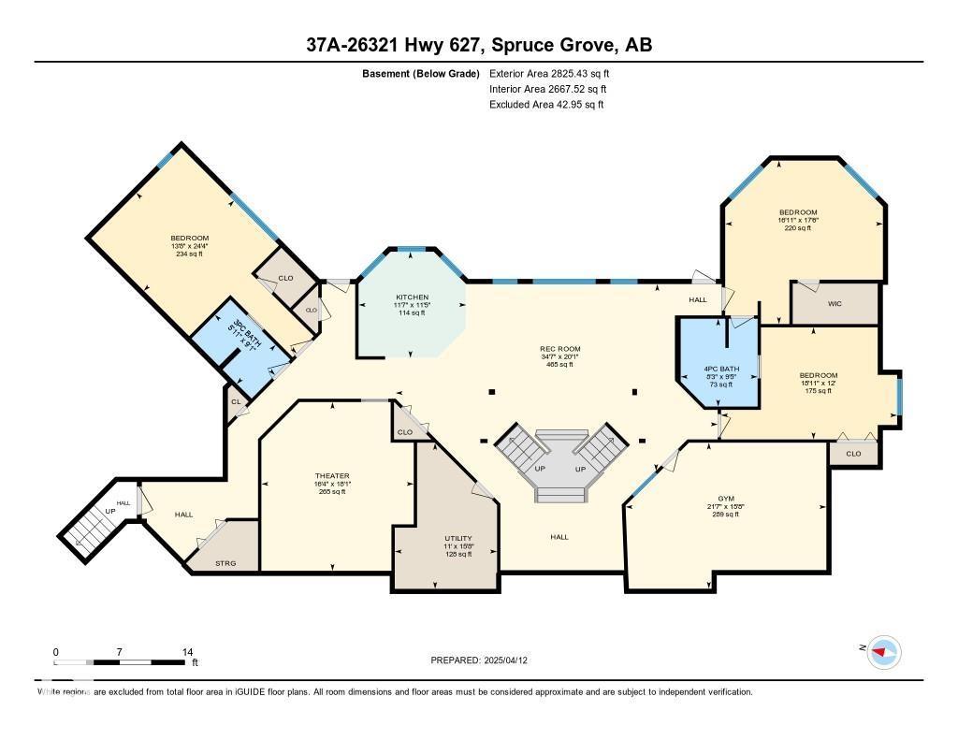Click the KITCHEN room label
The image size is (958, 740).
pos(412,297)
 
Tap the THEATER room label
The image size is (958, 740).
pos(332,476)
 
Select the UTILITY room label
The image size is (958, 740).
pos(458,539)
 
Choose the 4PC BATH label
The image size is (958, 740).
pos(721,370)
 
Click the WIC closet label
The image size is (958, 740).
pos(835,304)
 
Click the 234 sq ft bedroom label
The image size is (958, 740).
pos(189,239)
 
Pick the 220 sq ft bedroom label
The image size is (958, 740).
pos(798,212)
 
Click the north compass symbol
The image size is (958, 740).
pos(882,651)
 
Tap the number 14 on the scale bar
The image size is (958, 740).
pos(187,651)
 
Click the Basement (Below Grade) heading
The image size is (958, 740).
pos(420,73)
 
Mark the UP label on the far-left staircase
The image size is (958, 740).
pos(110,511)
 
